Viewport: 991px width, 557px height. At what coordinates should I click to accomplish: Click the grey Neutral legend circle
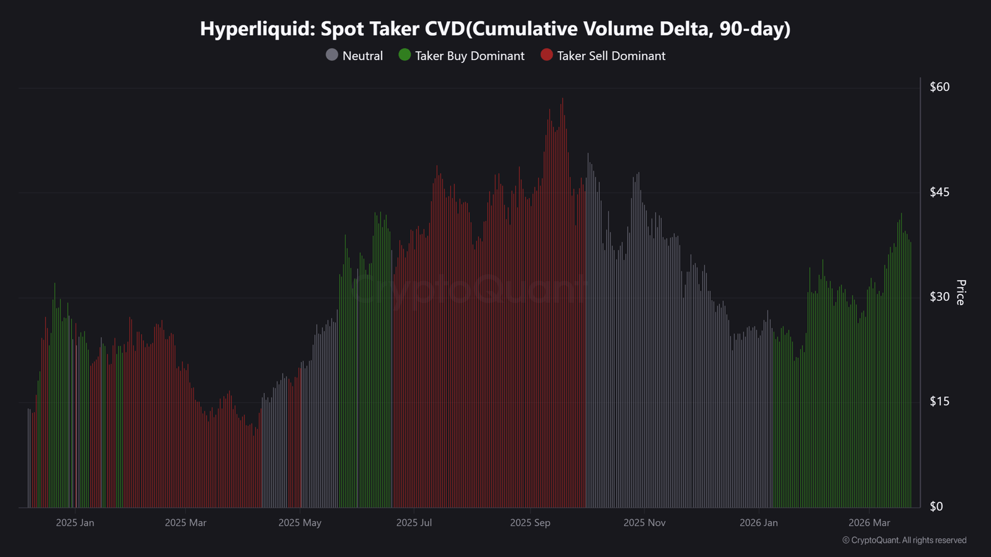[x=332, y=55]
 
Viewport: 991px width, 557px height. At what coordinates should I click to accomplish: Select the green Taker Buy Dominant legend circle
[x=404, y=55]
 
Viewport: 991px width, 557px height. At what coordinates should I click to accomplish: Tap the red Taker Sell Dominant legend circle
[x=546, y=55]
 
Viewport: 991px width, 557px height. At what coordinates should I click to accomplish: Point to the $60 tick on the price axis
[x=940, y=87]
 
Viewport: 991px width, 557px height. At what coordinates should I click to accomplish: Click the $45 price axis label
[x=940, y=192]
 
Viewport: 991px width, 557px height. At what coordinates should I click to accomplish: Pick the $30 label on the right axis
[x=940, y=296]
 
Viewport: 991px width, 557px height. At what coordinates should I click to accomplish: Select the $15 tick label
[x=940, y=401]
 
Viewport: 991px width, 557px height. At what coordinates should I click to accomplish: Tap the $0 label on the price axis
[x=936, y=506]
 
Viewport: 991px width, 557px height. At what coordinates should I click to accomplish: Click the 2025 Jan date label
[x=75, y=523]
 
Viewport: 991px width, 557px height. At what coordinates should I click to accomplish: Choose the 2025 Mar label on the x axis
[x=185, y=523]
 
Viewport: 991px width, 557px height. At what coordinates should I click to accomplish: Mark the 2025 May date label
[x=300, y=523]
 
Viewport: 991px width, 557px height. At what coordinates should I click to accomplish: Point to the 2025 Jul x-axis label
[x=414, y=523]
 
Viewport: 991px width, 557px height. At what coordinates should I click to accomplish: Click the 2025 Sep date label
[x=530, y=523]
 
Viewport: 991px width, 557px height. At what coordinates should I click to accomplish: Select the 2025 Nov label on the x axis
[x=644, y=523]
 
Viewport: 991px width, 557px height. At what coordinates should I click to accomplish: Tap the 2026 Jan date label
[x=759, y=523]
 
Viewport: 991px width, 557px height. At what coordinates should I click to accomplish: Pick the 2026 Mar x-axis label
[x=869, y=523]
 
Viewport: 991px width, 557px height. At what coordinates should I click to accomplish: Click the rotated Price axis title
[x=961, y=292]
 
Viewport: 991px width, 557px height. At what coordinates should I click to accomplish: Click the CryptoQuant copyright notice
[x=904, y=540]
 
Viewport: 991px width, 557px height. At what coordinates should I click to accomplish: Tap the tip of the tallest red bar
[x=562, y=98]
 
